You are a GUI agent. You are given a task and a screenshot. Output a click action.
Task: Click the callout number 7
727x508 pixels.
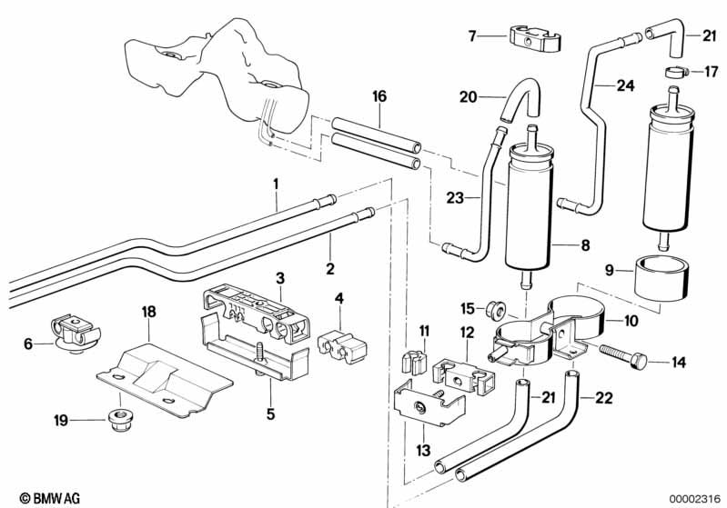click(x=472, y=36)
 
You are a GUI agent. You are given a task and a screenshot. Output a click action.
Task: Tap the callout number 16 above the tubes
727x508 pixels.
click(x=379, y=96)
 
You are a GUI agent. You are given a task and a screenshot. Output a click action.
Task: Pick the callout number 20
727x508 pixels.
click(x=468, y=96)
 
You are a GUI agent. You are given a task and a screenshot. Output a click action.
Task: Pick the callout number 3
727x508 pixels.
click(x=281, y=276)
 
